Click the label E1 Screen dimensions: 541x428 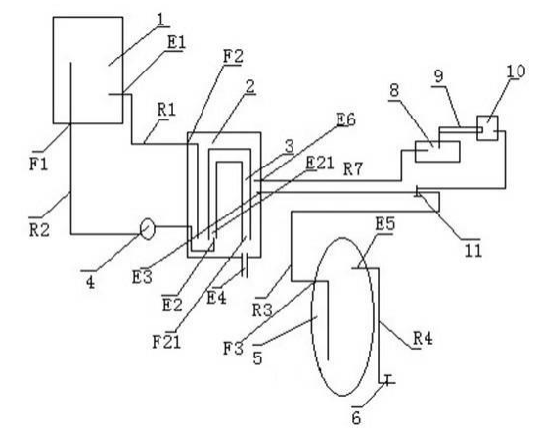click(x=177, y=43)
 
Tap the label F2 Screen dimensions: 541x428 click(x=233, y=57)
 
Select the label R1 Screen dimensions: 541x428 click(x=166, y=110)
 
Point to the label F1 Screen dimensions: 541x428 click(x=38, y=164)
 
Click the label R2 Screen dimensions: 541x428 click(x=39, y=230)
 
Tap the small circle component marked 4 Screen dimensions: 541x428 click(x=148, y=228)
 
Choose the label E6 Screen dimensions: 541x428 click(x=346, y=120)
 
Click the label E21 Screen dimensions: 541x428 click(x=320, y=163)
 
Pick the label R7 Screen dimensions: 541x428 click(x=353, y=169)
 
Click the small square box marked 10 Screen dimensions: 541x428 click(x=487, y=128)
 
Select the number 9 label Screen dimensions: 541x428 click(x=439, y=76)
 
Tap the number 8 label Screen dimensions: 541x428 click(x=394, y=90)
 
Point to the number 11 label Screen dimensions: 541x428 click(x=473, y=250)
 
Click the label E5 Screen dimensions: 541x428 click(x=385, y=224)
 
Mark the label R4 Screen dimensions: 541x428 click(x=423, y=338)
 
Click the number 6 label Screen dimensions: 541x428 click(x=356, y=418)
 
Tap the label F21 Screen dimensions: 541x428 click(x=166, y=342)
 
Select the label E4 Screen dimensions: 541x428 click(x=216, y=298)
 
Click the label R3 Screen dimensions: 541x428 click(x=262, y=310)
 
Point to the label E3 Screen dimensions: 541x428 click(x=142, y=277)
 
